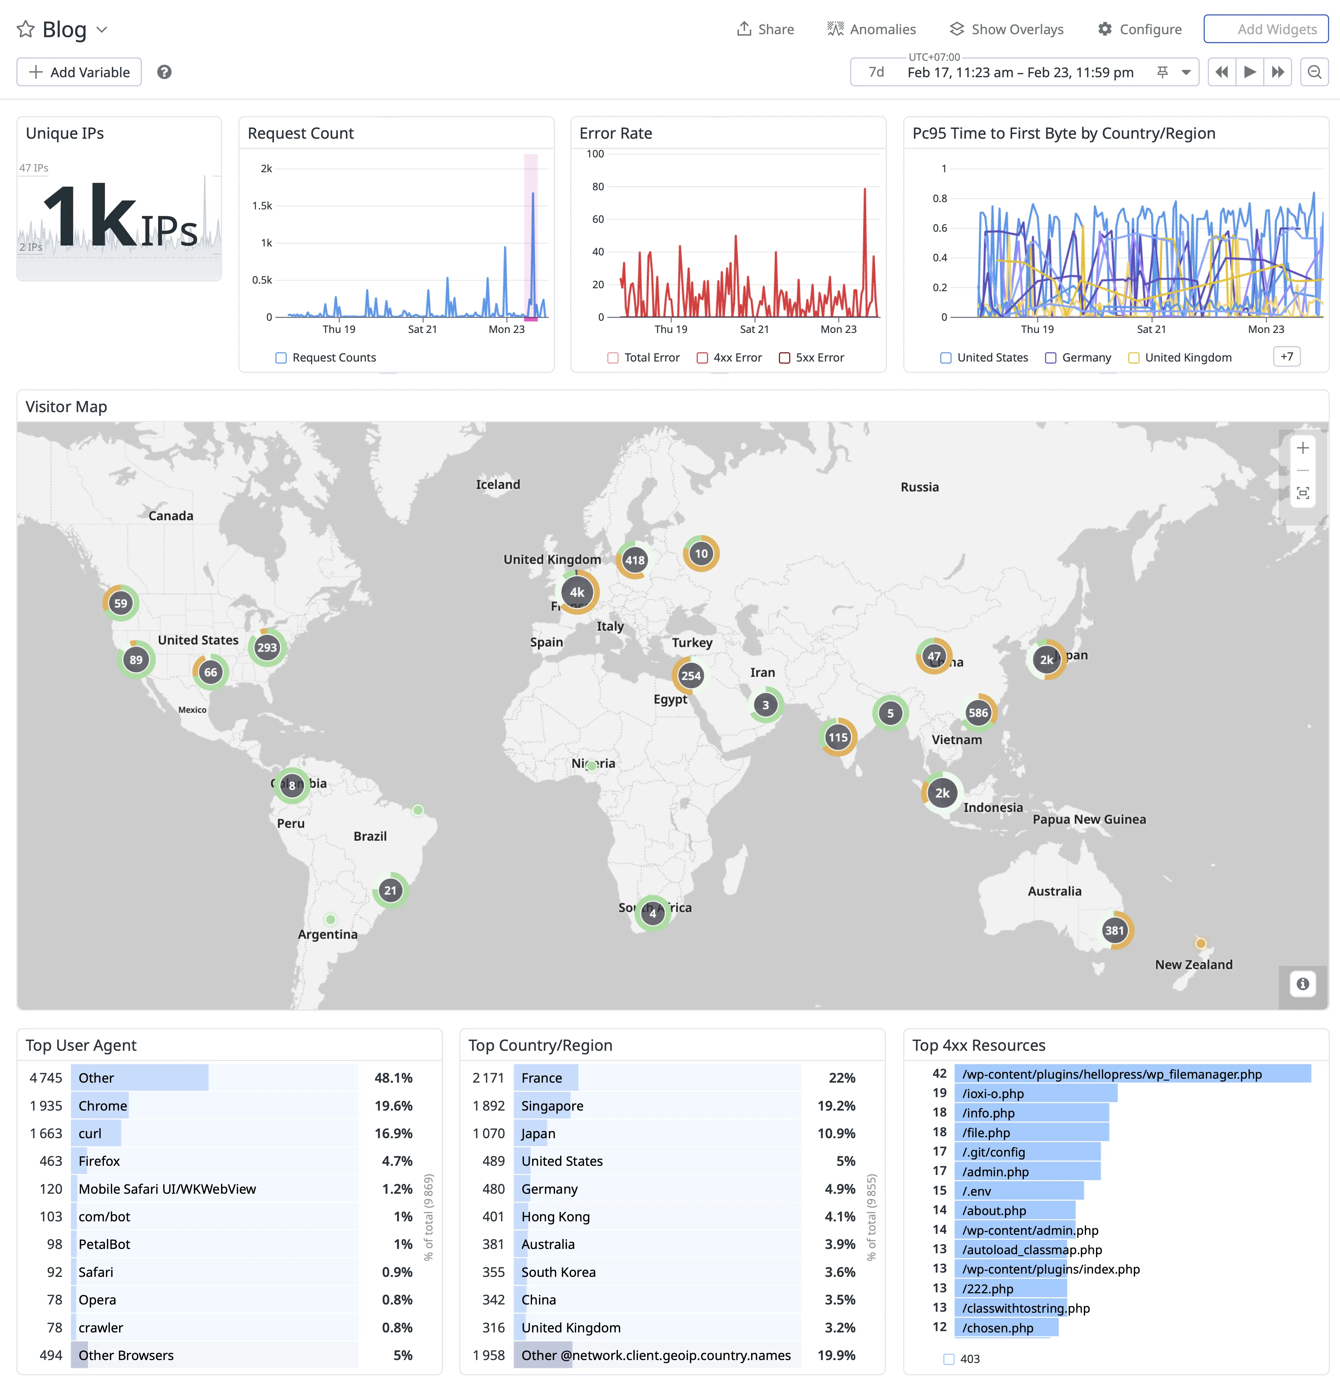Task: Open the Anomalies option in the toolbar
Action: click(x=872, y=29)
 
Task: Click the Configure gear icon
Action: click(x=1105, y=29)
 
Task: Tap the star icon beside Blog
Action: click(x=25, y=29)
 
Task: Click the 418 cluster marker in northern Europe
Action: click(x=635, y=560)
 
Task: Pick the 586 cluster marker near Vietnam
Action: click(x=978, y=713)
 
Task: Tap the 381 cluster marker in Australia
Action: click(x=1114, y=930)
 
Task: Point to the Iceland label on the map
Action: click(x=498, y=484)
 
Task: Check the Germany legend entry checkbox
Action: click(x=1051, y=358)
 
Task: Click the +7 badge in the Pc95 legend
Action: click(x=1286, y=356)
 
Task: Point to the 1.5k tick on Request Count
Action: click(x=262, y=206)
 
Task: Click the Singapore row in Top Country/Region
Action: click(x=552, y=1106)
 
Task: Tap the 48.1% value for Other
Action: click(x=393, y=1078)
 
